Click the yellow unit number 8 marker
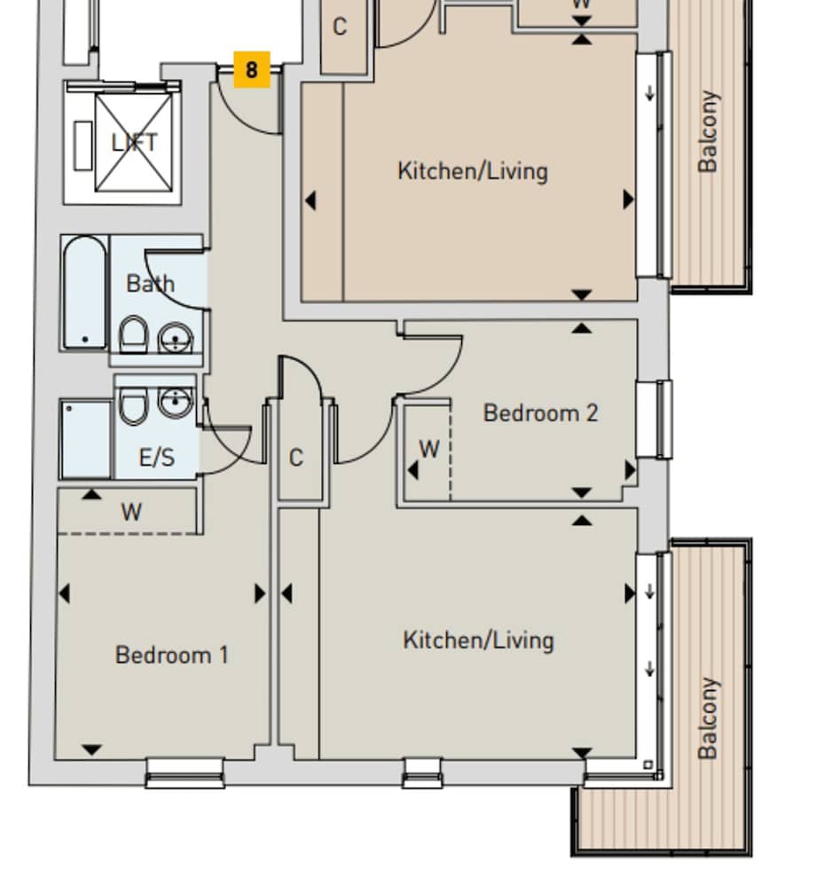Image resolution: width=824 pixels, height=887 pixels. click(252, 69)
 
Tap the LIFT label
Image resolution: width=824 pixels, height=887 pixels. click(134, 142)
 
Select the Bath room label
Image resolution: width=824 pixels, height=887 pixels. click(150, 284)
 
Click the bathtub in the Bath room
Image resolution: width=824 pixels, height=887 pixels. click(84, 292)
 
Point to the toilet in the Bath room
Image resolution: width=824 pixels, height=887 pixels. click(134, 334)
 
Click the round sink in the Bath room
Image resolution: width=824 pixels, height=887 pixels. click(176, 338)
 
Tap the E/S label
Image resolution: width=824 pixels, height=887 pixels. click(157, 458)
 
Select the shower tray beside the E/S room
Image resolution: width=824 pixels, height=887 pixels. click(85, 439)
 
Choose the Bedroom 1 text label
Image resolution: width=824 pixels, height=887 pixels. click(172, 655)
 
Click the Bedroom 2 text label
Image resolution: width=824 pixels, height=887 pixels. click(540, 412)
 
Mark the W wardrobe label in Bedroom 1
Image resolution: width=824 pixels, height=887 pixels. click(131, 512)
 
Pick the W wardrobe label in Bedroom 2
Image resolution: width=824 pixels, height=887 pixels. click(429, 449)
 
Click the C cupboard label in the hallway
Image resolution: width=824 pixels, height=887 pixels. click(296, 458)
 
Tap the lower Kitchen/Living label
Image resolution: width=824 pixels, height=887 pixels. click(478, 640)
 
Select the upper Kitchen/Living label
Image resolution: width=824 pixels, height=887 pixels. click(472, 170)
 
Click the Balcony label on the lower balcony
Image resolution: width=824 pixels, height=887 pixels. click(707, 718)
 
